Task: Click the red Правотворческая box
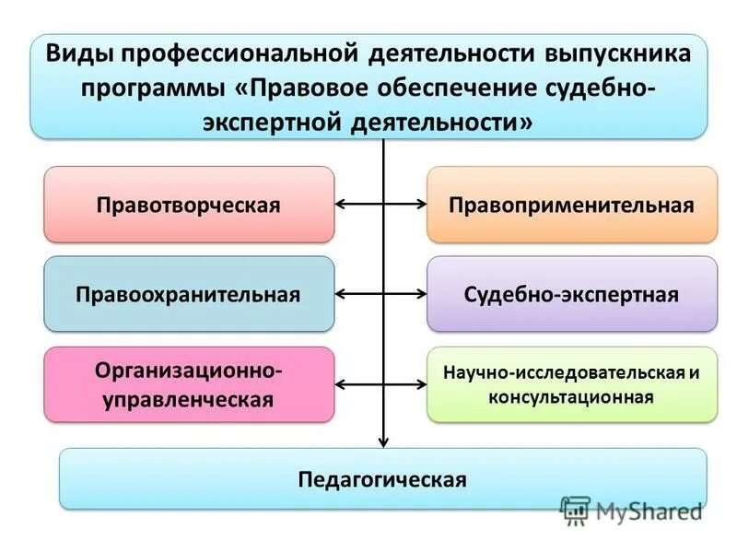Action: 189,205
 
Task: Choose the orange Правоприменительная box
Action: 571,205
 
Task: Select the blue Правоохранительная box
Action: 189,295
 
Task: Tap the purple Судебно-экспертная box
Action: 571,295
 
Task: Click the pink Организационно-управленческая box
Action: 189,384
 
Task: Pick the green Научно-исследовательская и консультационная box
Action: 571,384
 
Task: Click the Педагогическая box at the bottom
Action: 382,479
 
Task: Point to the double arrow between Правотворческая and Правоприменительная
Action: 381,205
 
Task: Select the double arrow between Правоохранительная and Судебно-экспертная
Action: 381,295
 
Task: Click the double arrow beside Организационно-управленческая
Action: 381,385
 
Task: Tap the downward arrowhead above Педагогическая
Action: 383,441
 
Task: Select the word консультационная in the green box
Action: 572,397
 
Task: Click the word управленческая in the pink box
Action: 189,399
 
